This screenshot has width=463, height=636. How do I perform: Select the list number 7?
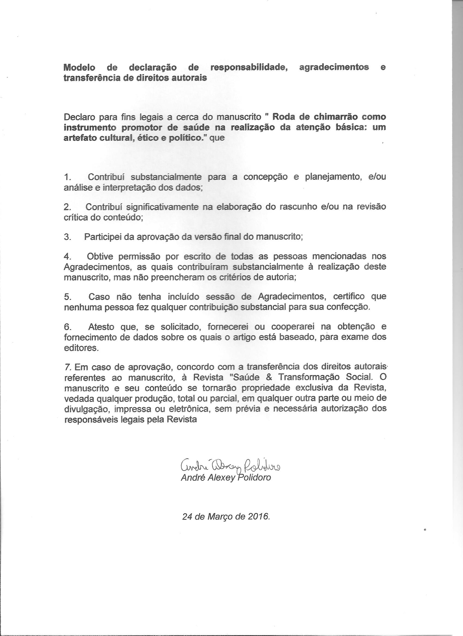pyautogui.click(x=66, y=367)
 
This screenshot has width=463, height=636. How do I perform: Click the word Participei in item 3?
pyautogui.click(x=102, y=237)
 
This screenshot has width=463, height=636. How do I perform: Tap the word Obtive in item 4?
pyautogui.click(x=100, y=257)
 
